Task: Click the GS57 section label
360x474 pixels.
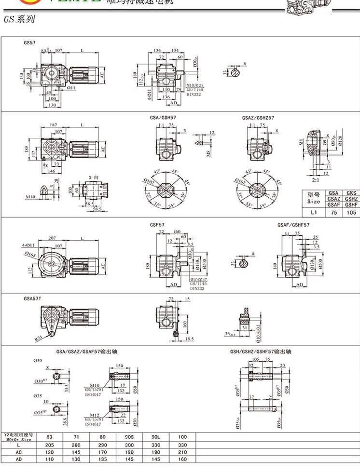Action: click(x=29, y=42)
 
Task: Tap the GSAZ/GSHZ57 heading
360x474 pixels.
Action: click(x=258, y=118)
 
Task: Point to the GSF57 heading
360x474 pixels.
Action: click(x=158, y=225)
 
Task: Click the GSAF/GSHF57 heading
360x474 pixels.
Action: click(x=293, y=225)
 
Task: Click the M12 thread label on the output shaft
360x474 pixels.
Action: click(x=94, y=414)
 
